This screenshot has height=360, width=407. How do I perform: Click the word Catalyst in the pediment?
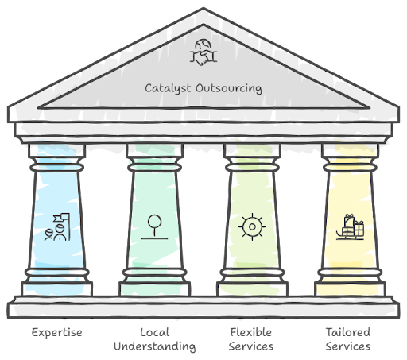pyautogui.click(x=168, y=88)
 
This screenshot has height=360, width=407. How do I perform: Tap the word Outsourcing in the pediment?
pyautogui.click(x=229, y=88)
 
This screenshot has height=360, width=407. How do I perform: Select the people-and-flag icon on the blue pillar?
pyautogui.click(x=57, y=227)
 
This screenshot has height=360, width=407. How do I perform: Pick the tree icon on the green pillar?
pyautogui.click(x=154, y=227)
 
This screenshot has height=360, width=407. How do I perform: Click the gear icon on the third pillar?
pyautogui.click(x=252, y=226)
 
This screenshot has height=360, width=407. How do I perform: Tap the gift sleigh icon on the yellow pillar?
pyautogui.click(x=350, y=227)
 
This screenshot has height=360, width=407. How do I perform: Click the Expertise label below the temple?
pyautogui.click(x=57, y=333)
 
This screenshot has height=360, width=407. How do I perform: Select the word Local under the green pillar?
pyautogui.click(x=155, y=332)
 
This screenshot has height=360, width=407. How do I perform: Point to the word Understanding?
pyautogui.click(x=155, y=346)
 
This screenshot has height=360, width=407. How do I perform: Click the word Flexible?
pyautogui.click(x=251, y=332)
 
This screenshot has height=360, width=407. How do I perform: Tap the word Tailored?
pyautogui.click(x=348, y=332)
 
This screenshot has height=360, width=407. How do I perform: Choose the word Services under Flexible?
pyautogui.click(x=251, y=346)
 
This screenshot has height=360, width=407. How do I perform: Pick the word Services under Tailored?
pyautogui.click(x=348, y=346)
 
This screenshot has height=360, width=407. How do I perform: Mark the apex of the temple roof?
pyautogui.click(x=203, y=8)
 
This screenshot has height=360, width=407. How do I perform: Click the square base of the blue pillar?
pyautogui.click(x=57, y=289)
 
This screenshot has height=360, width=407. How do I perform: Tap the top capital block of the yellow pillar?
pyautogui.click(x=350, y=150)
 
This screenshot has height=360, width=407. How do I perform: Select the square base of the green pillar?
pyautogui.click(x=155, y=289)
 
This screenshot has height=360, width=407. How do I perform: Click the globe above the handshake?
pyautogui.click(x=203, y=45)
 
